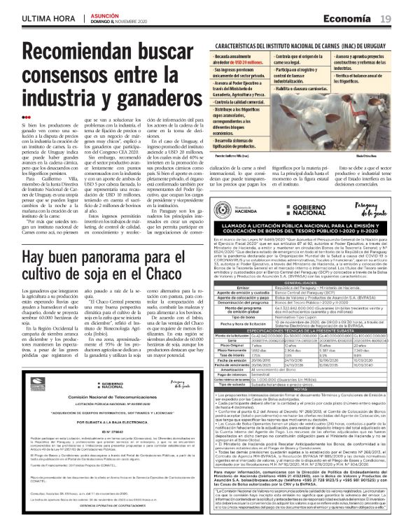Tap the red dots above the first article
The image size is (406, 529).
click(x=25, y=117)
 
